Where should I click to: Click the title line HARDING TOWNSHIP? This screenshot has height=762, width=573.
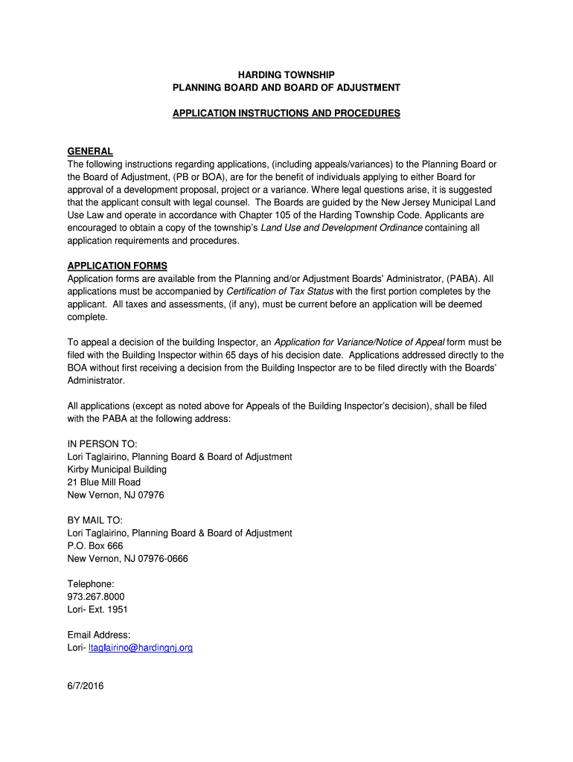pyautogui.click(x=286, y=74)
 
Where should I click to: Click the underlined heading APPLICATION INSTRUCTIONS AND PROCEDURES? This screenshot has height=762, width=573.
pyautogui.click(x=286, y=113)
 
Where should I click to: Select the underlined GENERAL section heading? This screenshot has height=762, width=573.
pyautogui.click(x=90, y=152)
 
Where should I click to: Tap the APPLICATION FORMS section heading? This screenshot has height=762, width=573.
pyautogui.click(x=118, y=266)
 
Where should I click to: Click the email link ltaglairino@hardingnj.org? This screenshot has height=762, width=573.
pyautogui.click(x=141, y=647)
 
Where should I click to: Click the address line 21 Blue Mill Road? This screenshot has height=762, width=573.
pyautogui.click(x=104, y=482)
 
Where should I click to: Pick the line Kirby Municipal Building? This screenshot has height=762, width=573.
pyautogui.click(x=117, y=470)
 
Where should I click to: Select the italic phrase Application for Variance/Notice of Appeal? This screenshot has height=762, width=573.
pyautogui.click(x=359, y=342)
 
